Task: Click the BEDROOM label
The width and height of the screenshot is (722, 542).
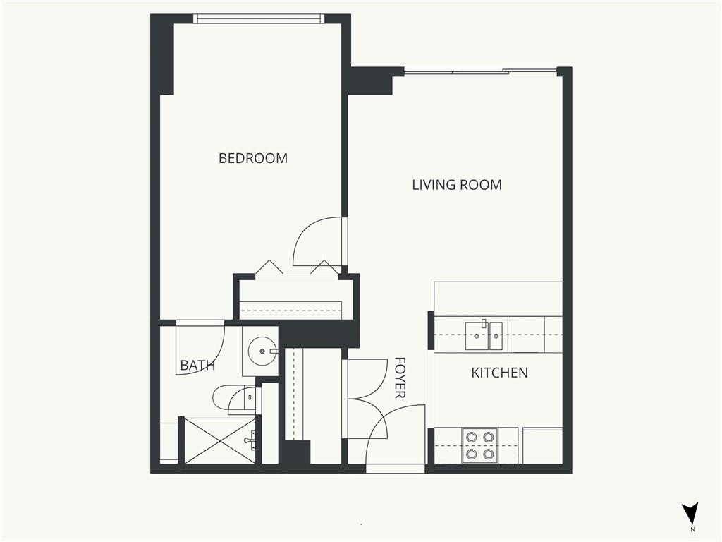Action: click(253, 158)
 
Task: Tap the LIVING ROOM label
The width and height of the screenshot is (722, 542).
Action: click(457, 185)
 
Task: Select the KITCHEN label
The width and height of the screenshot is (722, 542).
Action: click(500, 373)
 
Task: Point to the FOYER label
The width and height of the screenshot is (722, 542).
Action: click(400, 378)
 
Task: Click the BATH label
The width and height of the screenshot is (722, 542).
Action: click(197, 366)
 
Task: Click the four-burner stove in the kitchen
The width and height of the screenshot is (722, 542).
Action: click(480, 446)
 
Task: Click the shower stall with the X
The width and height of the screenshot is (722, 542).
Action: click(220, 440)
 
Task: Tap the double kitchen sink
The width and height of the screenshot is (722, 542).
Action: click(484, 336)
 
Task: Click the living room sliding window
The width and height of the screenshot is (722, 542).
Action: click(480, 71)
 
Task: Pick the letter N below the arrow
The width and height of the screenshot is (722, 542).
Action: click(693, 528)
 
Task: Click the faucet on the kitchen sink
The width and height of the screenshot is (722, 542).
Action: click(484, 323)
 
